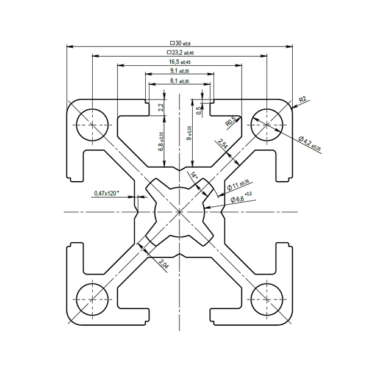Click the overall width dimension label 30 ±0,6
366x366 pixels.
click(181, 43)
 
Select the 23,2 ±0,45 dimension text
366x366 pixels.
click(181, 52)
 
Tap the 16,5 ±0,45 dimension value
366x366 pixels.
click(180, 62)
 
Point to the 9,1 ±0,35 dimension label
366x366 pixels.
click(179, 71)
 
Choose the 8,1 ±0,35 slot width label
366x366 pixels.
click(179, 81)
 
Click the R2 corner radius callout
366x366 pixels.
click(303, 99)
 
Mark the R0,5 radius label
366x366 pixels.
click(231, 121)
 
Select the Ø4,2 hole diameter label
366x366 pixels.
click(310, 143)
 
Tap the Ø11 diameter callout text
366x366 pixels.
click(238, 185)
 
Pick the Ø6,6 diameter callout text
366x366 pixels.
click(241, 198)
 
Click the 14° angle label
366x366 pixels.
click(194, 175)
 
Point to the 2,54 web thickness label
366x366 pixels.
click(223, 143)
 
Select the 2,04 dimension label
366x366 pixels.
click(163, 264)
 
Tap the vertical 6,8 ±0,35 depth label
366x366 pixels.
click(161, 142)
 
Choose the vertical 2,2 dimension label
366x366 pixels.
click(161, 107)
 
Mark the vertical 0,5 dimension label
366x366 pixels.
click(199, 110)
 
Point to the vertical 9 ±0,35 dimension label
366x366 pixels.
click(189, 133)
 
